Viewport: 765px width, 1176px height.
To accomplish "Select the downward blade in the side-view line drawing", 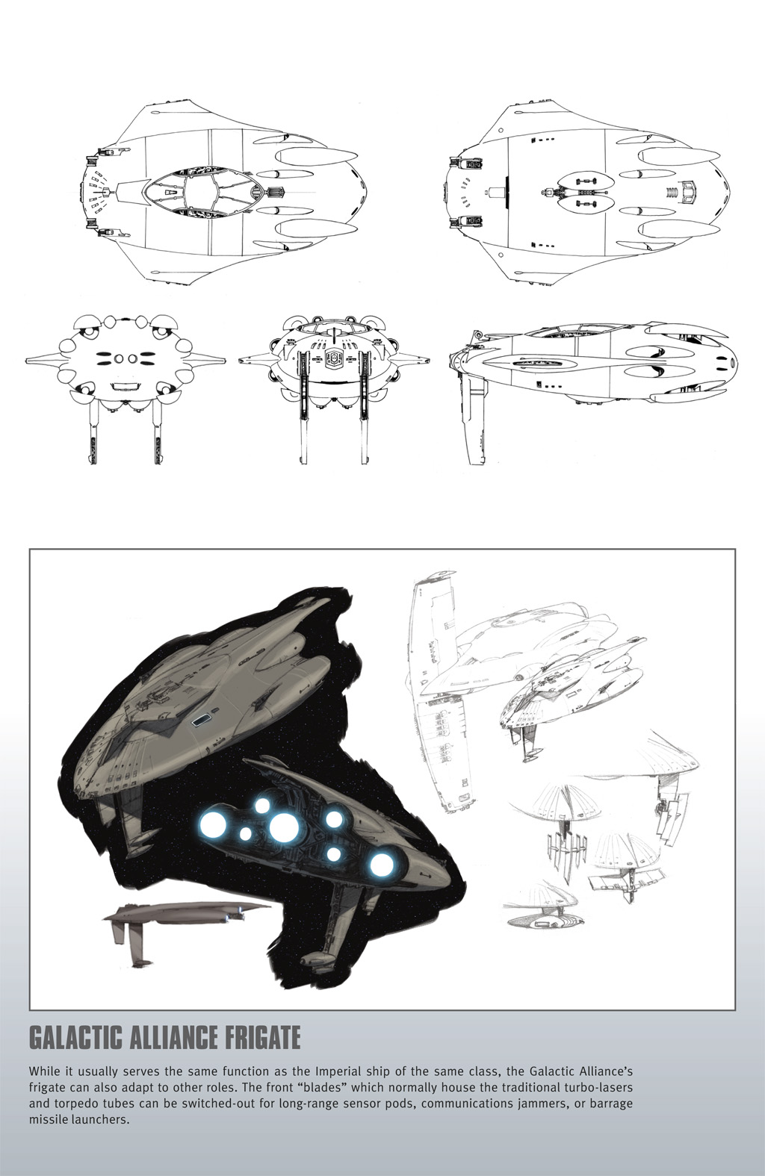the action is [474, 420].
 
